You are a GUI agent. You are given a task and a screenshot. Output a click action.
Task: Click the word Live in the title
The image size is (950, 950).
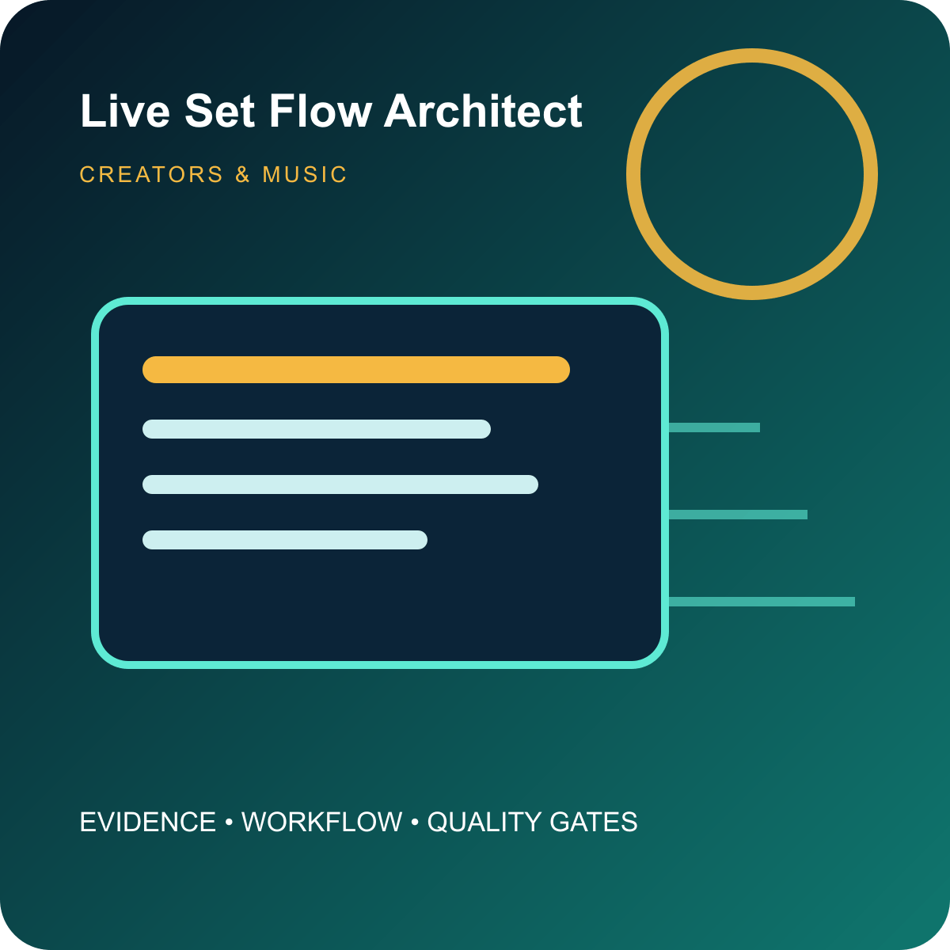pyautogui.click(x=125, y=111)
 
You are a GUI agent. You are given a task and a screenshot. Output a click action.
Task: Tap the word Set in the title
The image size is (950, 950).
pyautogui.click(x=219, y=111)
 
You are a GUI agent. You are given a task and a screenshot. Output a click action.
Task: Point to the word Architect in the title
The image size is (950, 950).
pyautogui.click(x=483, y=111)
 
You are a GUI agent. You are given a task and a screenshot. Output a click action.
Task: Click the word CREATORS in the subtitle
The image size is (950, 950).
pyautogui.click(x=151, y=174)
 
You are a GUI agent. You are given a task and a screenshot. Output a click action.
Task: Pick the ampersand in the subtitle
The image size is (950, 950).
pyautogui.click(x=242, y=174)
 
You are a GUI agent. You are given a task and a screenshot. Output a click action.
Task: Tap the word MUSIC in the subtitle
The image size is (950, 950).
pyautogui.click(x=305, y=174)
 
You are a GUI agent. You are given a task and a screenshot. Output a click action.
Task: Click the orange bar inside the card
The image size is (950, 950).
pyautogui.click(x=356, y=370)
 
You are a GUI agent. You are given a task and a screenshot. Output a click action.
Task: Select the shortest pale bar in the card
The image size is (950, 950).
pyautogui.click(x=285, y=540)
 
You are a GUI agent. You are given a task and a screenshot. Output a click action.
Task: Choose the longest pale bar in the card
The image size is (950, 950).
pyautogui.click(x=340, y=484)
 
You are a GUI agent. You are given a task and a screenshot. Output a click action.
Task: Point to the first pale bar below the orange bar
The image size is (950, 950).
pyautogui.click(x=317, y=429)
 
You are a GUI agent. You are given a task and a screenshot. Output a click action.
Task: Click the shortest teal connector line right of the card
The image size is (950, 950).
pyautogui.click(x=714, y=427)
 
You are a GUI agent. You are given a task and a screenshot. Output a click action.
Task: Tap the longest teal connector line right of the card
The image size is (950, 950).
pyautogui.click(x=762, y=602)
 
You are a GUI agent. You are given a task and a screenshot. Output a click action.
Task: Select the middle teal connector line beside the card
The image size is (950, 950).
pyautogui.click(x=738, y=515)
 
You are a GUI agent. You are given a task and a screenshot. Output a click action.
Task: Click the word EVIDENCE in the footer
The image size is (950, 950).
pyautogui.click(x=148, y=822)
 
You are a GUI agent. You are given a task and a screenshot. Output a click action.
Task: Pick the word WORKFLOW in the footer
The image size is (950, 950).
pyautogui.click(x=321, y=822)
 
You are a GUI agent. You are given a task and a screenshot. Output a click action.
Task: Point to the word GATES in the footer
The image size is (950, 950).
pyautogui.click(x=593, y=822)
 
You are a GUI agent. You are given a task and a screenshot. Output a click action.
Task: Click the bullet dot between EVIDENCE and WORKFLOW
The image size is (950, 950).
pyautogui.click(x=229, y=823)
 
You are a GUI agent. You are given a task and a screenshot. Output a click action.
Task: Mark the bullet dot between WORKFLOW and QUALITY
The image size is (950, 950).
pyautogui.click(x=415, y=823)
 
